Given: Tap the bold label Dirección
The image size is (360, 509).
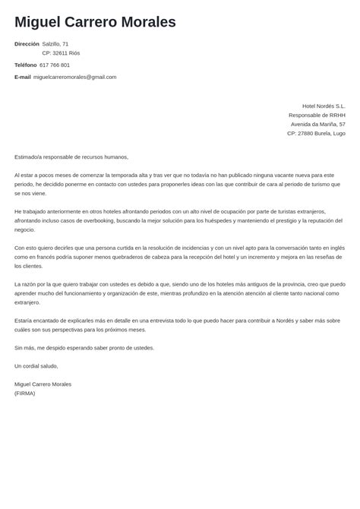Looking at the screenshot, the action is [x=27, y=44].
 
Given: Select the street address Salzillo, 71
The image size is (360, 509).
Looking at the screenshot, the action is [x=61, y=44].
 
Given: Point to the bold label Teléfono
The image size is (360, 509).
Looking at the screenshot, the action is [x=25, y=65].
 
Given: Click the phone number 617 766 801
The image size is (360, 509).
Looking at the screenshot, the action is [x=55, y=65].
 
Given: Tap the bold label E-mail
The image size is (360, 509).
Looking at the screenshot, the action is [x=23, y=77].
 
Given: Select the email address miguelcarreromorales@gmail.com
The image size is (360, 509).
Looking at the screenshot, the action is [x=75, y=77].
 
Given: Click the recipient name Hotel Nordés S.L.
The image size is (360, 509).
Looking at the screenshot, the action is [x=324, y=106].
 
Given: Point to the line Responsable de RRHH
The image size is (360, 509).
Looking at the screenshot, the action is [x=317, y=115].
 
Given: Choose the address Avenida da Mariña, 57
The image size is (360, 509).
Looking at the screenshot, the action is [x=317, y=125].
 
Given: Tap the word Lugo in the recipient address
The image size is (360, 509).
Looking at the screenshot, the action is [x=339, y=134].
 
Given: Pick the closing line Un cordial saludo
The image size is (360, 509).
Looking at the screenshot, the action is [x=36, y=366].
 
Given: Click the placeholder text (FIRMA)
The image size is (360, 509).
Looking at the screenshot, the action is [x=25, y=394].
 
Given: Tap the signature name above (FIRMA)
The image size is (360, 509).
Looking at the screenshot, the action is [x=43, y=384].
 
